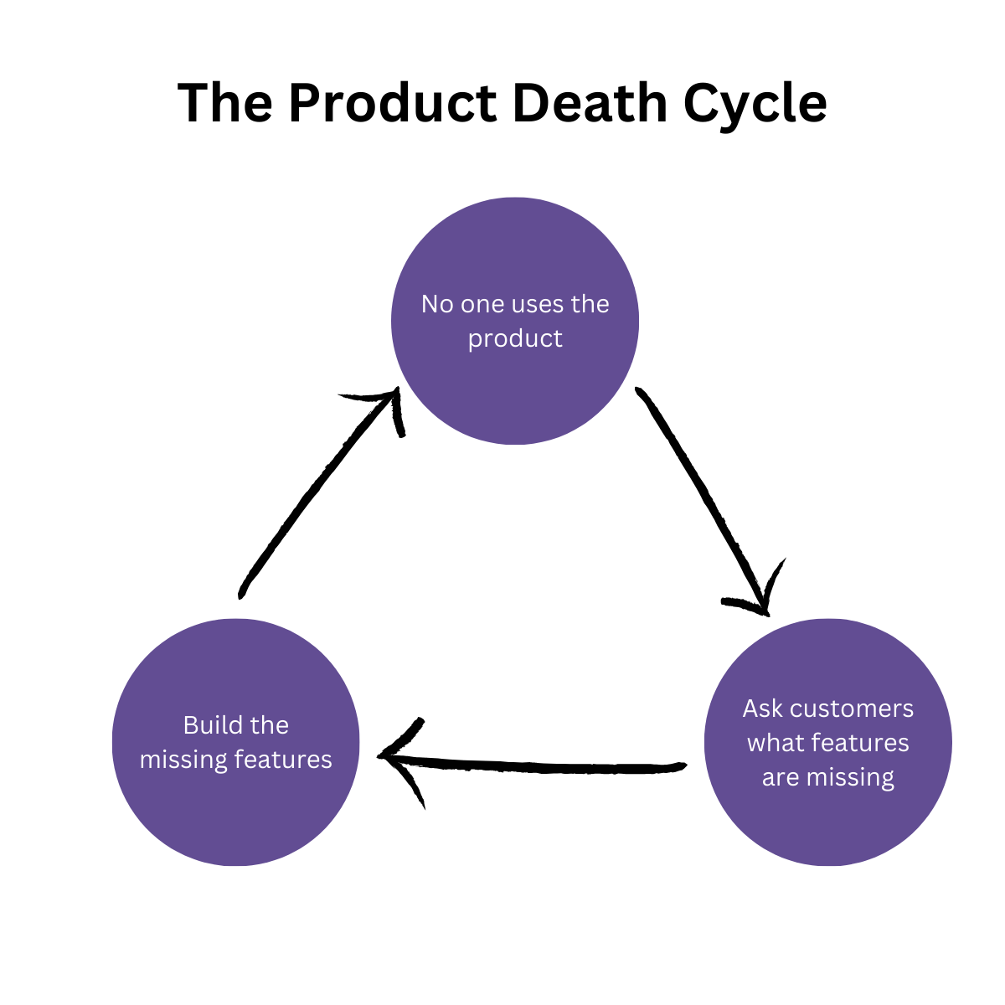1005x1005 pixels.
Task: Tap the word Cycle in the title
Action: point(755,105)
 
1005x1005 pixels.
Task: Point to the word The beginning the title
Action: point(224,103)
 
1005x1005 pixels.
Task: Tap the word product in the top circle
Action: point(515,339)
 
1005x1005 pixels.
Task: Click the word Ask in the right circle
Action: point(762,709)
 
